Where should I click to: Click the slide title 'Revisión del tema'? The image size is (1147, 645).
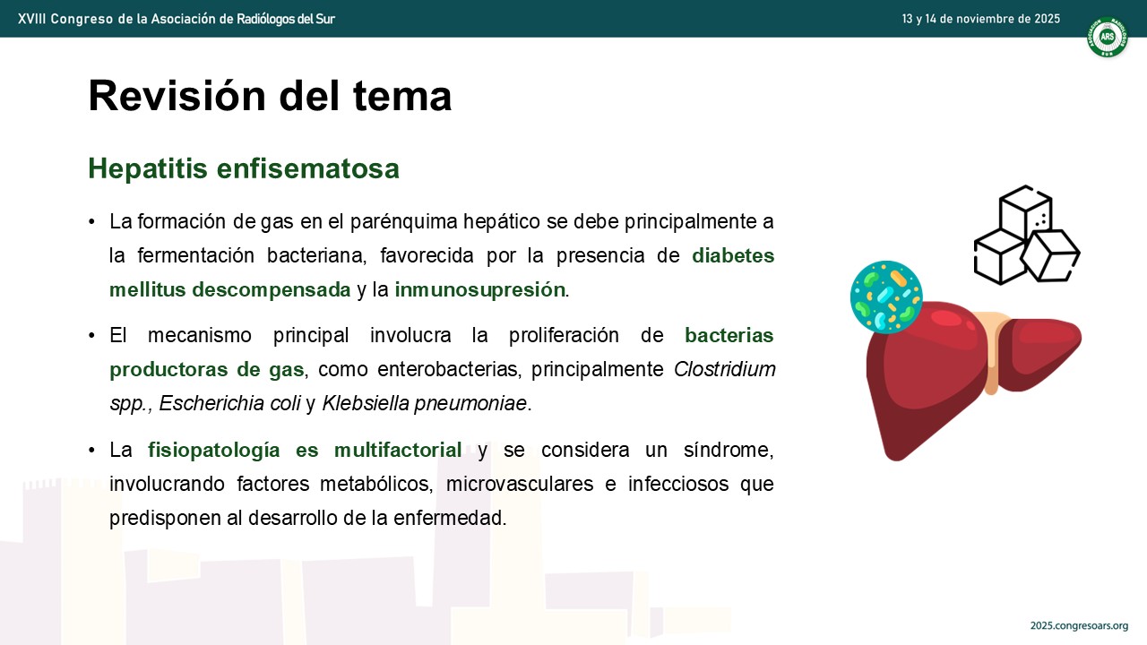(270, 96)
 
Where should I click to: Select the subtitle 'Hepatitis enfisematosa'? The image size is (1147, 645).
(244, 168)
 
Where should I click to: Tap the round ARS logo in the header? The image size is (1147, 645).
(1107, 37)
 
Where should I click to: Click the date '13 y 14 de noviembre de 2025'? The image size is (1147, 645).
(981, 19)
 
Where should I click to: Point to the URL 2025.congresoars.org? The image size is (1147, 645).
(1080, 625)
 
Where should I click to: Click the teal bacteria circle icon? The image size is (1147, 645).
(886, 297)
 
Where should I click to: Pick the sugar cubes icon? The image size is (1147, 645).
(1027, 235)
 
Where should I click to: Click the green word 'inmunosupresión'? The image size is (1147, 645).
(479, 289)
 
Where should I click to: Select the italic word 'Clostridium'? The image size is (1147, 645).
(725, 369)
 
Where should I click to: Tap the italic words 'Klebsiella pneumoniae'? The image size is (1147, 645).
(425, 403)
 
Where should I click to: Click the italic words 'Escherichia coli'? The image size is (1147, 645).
(229, 403)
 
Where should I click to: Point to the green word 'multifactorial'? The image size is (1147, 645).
(398, 450)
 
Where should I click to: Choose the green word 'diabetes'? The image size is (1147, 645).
(733, 255)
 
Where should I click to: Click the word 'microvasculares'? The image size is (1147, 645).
(520, 484)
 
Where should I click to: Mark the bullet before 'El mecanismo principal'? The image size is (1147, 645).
(91, 336)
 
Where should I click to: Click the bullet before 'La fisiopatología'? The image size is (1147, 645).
(91, 451)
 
